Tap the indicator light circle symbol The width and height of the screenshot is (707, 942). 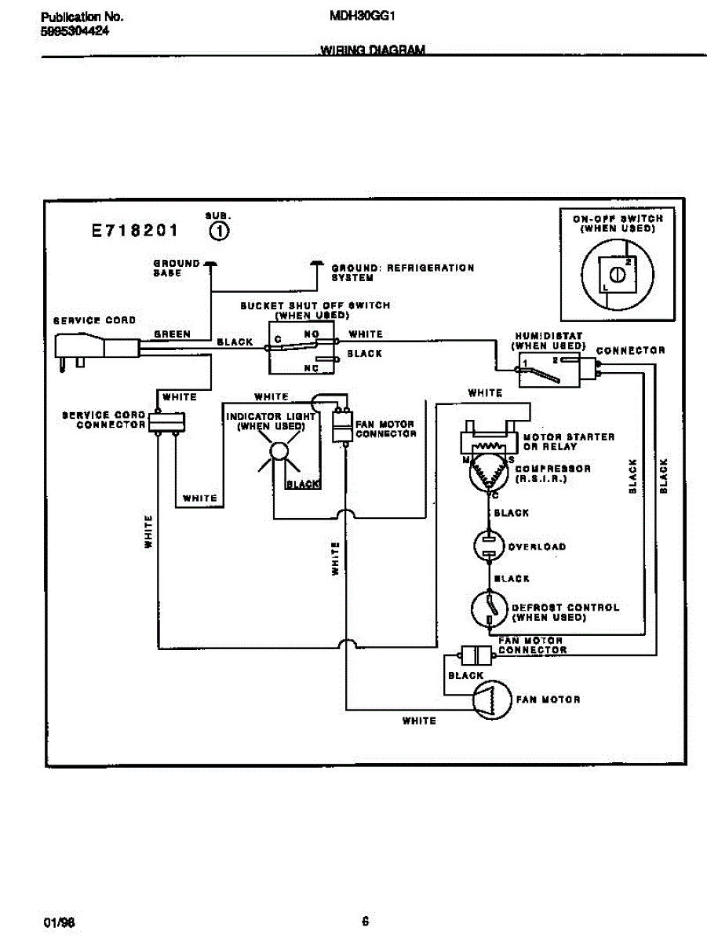(279, 451)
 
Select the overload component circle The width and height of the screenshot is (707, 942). (489, 546)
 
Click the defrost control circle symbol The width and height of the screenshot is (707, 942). (489, 610)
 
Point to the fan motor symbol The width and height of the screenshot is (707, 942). (490, 699)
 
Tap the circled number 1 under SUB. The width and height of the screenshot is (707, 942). (220, 231)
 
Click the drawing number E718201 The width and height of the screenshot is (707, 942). (134, 231)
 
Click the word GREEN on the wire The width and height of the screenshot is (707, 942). (173, 334)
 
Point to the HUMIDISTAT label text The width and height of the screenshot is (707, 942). (548, 336)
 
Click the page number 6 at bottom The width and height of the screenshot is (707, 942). (366, 921)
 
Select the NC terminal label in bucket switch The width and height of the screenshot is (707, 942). (311, 367)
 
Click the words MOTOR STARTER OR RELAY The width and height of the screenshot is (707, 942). (557, 441)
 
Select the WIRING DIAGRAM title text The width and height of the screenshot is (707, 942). (373, 50)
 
